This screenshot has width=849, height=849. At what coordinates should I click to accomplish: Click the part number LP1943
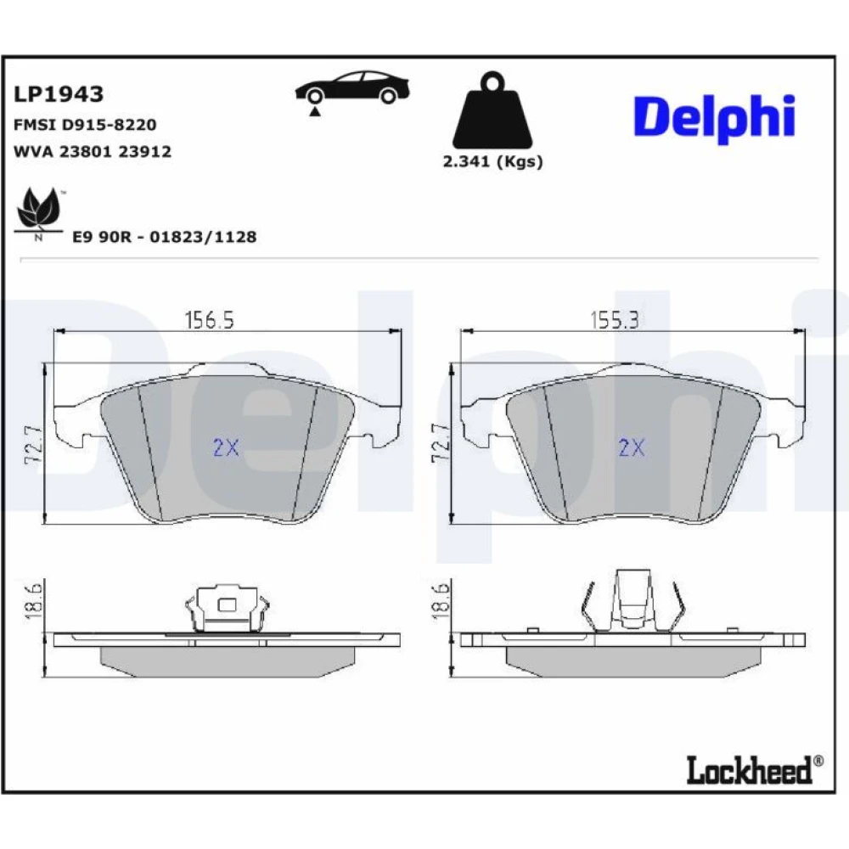coord(58,94)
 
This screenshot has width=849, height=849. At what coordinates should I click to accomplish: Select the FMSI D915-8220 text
coord(85,125)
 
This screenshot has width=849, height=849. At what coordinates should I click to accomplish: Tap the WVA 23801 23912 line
coord(92,151)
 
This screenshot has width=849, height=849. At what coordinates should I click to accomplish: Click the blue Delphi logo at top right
coord(714,119)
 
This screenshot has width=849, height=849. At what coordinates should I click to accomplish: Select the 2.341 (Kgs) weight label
coord(492,161)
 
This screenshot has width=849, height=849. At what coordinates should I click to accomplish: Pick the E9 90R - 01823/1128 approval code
coord(165,237)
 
